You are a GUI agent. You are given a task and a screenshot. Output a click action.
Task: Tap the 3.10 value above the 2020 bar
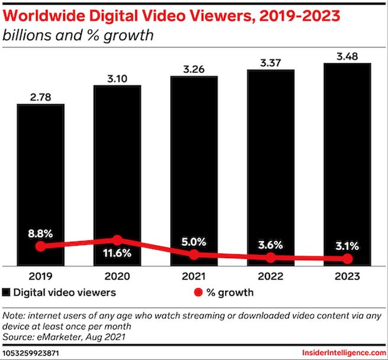(117, 77)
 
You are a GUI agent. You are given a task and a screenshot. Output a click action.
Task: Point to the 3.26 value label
(194, 67)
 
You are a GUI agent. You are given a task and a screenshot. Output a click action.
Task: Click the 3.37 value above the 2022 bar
(271, 60)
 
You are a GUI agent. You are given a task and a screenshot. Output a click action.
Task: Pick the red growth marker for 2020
(117, 240)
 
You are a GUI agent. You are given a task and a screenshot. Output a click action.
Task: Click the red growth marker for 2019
(40, 246)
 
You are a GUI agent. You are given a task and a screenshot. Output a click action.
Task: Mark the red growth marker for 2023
(347, 259)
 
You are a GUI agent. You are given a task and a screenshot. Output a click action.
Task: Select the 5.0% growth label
(194, 241)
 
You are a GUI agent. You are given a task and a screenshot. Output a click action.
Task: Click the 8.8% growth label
(40, 233)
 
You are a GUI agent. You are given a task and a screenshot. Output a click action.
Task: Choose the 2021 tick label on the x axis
(194, 276)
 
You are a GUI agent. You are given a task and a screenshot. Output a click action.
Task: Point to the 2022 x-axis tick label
(271, 276)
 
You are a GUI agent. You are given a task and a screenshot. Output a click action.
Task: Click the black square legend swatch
(7, 292)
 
